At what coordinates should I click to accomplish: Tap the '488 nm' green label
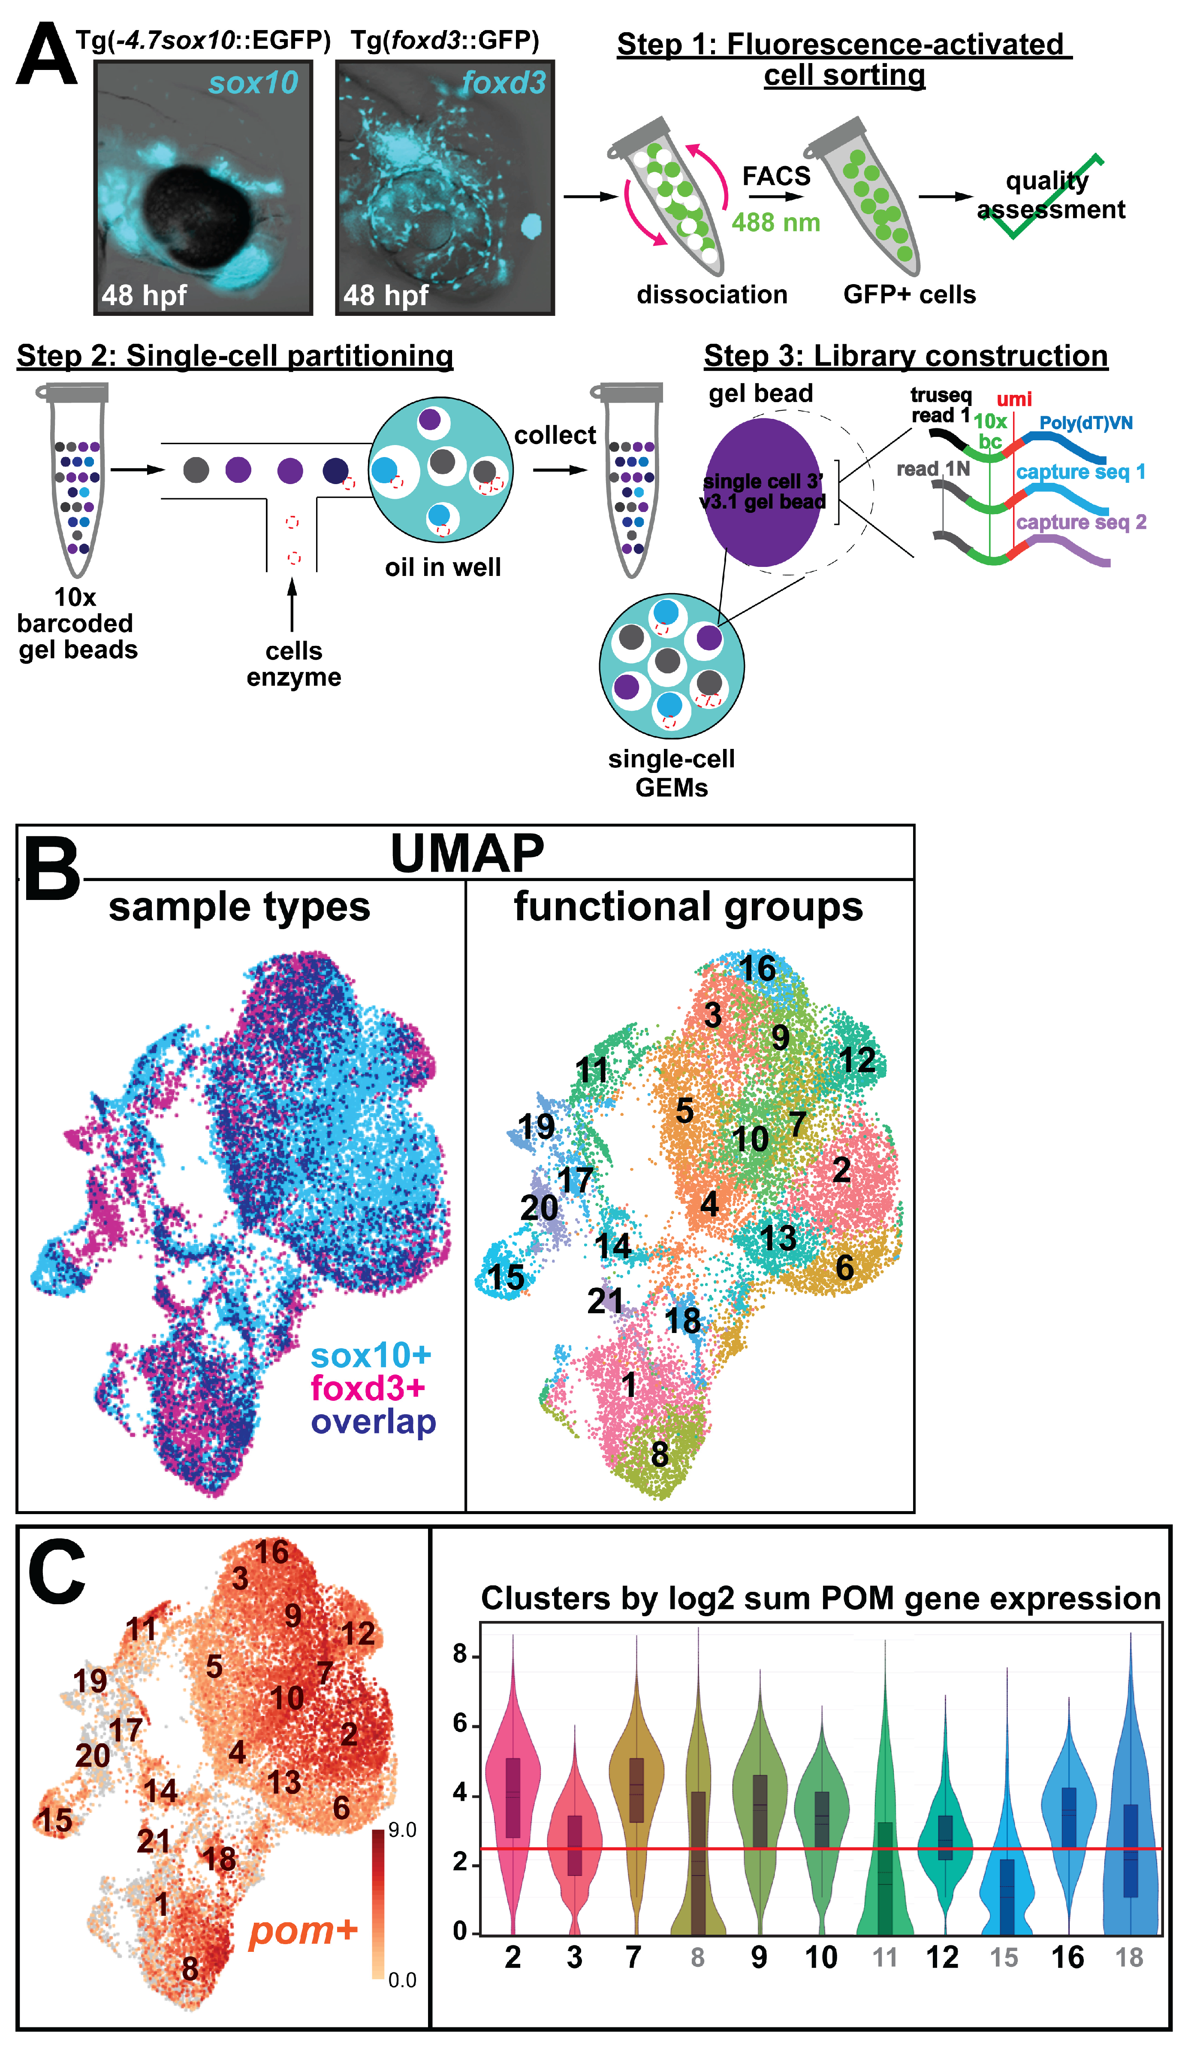[x=775, y=222]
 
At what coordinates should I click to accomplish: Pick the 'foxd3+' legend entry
[x=368, y=1388]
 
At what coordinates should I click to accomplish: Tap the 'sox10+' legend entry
[x=371, y=1355]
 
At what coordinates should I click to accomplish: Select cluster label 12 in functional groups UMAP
[x=857, y=1060]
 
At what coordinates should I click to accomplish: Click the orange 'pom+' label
[x=303, y=1930]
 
